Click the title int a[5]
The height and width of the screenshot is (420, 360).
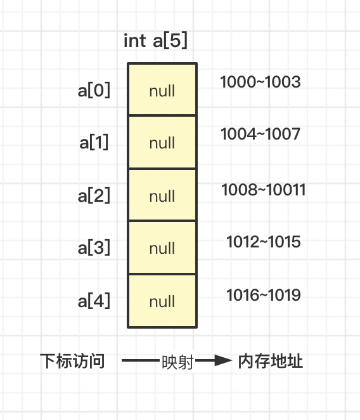[155, 41]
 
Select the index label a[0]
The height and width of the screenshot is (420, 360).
[94, 90]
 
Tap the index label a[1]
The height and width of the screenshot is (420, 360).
[94, 142]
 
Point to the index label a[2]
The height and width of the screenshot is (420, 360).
[94, 195]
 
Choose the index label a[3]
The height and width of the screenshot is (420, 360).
[94, 247]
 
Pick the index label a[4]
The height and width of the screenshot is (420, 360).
[94, 301]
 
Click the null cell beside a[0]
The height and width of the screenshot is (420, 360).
[162, 89]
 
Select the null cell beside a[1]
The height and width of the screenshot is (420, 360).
[162, 142]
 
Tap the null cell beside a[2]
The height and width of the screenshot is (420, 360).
[162, 195]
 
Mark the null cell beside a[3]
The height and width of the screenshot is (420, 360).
[162, 247]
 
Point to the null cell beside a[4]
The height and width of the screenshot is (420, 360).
[162, 301]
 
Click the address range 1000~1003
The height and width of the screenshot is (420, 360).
[260, 82]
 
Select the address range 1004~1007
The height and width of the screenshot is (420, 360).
[260, 134]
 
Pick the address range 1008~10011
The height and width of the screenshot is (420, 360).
[264, 190]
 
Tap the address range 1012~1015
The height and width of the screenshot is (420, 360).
[264, 242]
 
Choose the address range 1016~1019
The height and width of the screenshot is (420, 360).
[264, 295]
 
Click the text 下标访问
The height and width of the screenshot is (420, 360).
[72, 361]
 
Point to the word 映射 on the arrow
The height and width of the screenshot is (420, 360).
[177, 362]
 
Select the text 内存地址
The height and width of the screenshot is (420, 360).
[271, 361]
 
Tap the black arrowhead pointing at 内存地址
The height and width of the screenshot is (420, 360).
[223, 360]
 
